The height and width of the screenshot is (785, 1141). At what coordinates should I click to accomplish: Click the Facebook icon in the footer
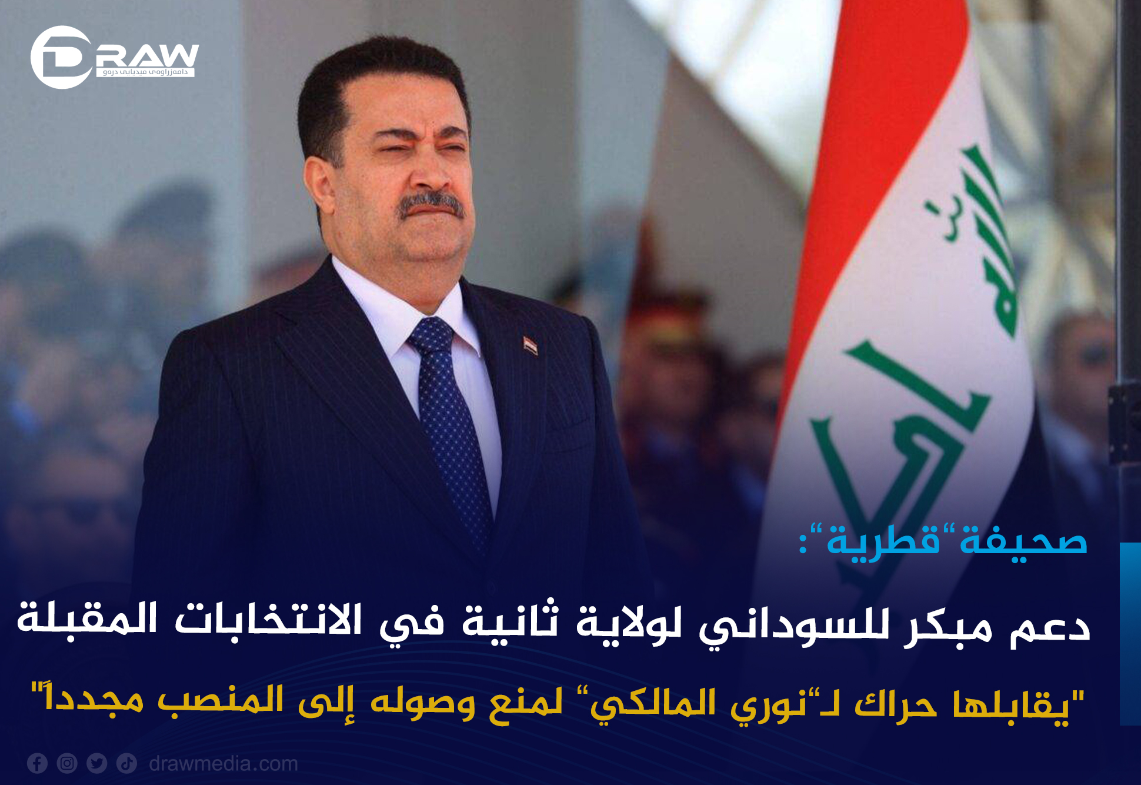click(37, 763)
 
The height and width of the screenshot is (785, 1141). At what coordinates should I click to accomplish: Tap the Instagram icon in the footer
click(67, 763)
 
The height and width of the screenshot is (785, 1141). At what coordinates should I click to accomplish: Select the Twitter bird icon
click(97, 763)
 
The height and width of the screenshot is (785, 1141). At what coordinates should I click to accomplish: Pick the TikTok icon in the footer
click(127, 763)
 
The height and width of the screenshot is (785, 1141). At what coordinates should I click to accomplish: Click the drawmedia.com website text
click(223, 764)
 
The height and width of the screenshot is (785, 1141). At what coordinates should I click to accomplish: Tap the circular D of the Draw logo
click(61, 57)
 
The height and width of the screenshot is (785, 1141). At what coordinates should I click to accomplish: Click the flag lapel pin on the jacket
click(531, 345)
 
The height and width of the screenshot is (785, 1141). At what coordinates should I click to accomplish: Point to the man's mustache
click(432, 206)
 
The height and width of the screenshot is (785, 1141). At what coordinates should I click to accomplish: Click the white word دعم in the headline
click(1050, 627)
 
